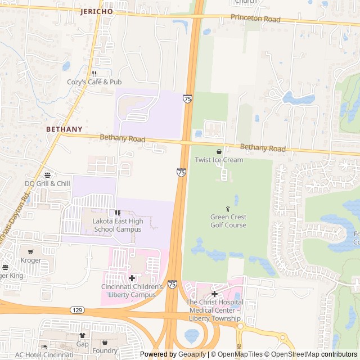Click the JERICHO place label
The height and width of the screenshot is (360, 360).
click(96, 11)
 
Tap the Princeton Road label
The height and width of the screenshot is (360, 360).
click(255, 18)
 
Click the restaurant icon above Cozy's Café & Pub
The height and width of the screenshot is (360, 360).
click(94, 73)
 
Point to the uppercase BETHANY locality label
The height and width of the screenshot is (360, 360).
click(64, 129)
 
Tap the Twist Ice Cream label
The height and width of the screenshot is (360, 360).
click(219, 160)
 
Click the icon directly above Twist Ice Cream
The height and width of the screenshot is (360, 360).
click(219, 151)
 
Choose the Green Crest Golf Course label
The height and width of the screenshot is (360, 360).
click(228, 221)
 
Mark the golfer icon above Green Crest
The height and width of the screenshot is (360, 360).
click(228, 209)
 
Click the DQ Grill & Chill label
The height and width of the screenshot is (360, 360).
click(47, 183)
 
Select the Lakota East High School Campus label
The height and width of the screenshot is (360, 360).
click(118, 225)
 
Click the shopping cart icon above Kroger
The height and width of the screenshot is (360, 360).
click(30, 251)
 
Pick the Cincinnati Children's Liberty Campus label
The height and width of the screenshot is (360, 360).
click(132, 290)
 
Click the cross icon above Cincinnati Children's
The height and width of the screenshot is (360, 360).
click(132, 278)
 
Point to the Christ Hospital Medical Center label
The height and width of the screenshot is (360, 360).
click(214, 310)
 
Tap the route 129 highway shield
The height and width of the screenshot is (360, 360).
click(77, 310)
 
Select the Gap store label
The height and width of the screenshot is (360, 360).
click(83, 343)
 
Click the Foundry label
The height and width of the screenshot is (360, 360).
click(105, 351)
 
